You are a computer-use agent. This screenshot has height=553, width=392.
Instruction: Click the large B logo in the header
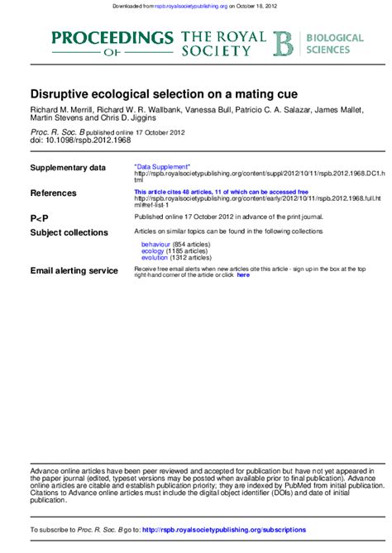[284, 44]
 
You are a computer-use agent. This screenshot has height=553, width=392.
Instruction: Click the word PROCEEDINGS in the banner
[112, 37]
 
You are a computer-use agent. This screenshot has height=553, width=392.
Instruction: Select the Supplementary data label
[68, 168]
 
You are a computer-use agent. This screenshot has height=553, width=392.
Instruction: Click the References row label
[53, 193]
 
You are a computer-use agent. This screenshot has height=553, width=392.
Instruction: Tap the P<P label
[40, 217]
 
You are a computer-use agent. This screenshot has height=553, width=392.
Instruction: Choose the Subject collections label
[69, 232]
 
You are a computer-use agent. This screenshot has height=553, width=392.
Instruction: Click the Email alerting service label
[74, 270]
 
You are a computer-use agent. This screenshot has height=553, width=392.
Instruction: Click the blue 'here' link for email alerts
[242, 274]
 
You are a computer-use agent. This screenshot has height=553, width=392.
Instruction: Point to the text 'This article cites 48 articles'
[168, 192]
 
